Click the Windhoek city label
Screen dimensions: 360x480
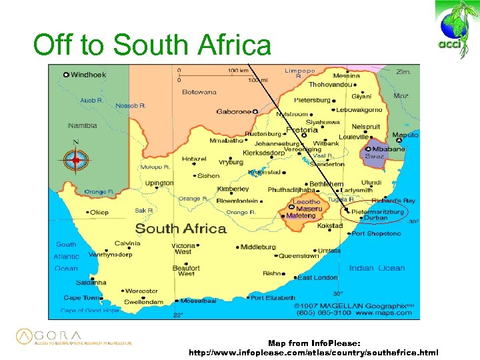[88, 75]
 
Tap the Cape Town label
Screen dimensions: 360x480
[82, 298]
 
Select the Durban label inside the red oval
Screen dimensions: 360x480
[375, 218]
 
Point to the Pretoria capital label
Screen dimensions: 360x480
[302, 130]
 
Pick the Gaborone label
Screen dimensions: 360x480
[233, 111]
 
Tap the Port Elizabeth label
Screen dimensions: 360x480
[273, 297]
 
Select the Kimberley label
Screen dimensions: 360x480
[233, 189]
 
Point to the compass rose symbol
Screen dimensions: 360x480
[76, 160]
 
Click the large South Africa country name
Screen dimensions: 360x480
[181, 229]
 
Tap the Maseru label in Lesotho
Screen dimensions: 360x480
[309, 209]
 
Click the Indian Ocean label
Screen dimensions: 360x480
[377, 268]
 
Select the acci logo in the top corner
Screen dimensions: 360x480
[455, 30]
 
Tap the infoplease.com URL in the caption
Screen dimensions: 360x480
[314, 351]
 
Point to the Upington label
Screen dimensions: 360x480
[159, 183]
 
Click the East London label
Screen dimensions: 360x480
[317, 277]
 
